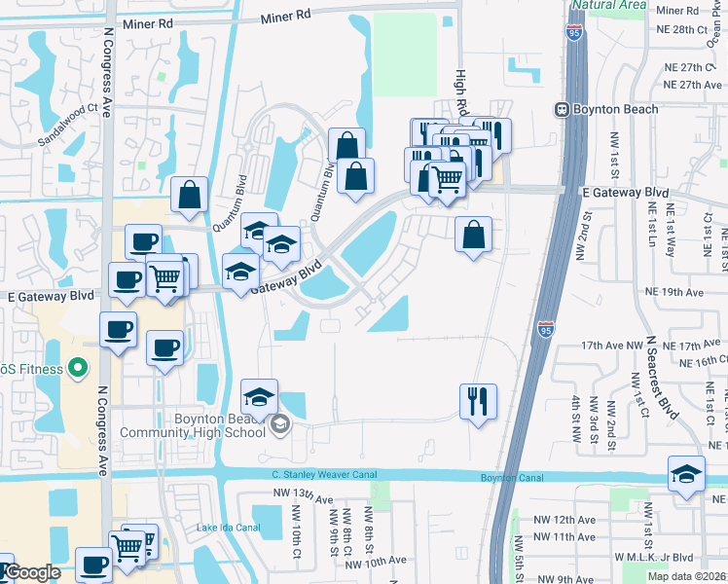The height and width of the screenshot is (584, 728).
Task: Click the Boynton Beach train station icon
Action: (562, 109)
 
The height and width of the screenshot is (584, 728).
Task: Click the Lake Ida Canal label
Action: (229, 528)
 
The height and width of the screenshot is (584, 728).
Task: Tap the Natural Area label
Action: (608, 5)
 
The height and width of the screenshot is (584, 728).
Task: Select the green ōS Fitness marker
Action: (80, 368)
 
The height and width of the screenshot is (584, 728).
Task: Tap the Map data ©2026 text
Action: (687, 576)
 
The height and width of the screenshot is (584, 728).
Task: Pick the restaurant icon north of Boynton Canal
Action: (478, 401)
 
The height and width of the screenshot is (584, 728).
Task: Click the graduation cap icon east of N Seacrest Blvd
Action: (686, 475)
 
